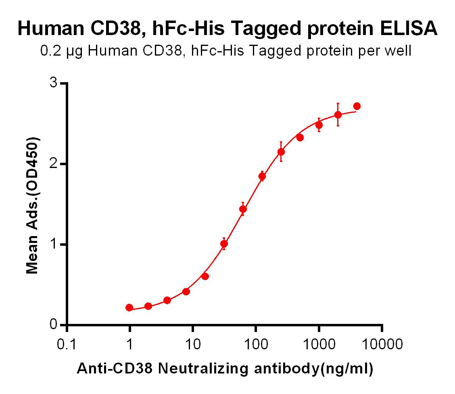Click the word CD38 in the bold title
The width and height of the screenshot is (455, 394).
point(115,29)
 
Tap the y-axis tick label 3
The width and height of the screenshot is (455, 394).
point(54,83)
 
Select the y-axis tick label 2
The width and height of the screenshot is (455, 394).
point(54,164)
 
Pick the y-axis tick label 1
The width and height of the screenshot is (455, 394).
point(54,245)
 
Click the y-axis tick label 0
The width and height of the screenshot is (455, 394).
point(54,325)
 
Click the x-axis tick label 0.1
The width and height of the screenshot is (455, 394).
point(67,344)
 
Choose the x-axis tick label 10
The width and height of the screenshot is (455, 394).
point(193,344)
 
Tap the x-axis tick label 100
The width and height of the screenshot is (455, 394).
point(256,344)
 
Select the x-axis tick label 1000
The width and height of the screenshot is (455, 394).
point(319,344)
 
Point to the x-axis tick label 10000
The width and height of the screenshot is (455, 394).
point(382,344)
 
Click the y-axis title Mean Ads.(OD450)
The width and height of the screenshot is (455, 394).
point(33,205)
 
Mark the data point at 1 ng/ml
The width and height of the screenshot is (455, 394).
point(129,308)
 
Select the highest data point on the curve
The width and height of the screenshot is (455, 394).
point(357,106)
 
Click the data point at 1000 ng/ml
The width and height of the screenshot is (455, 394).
point(319,125)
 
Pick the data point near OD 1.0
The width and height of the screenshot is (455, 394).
point(224,244)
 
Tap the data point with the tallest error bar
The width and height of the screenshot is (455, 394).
point(338,115)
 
